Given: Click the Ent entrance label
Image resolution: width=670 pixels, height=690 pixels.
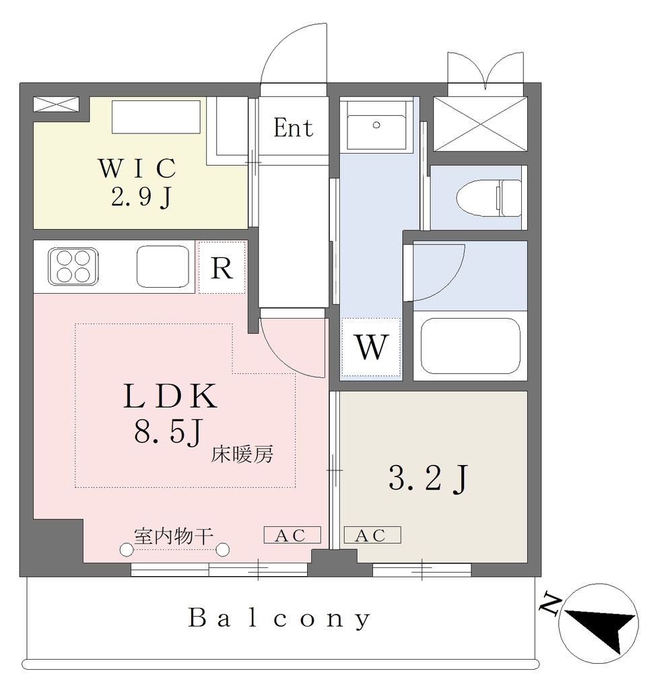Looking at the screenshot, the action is pyautogui.click(x=293, y=128).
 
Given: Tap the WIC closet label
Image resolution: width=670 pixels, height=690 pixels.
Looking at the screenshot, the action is pyautogui.click(x=137, y=168).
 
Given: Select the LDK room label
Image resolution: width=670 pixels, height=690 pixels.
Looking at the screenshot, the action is pyautogui.click(x=170, y=396).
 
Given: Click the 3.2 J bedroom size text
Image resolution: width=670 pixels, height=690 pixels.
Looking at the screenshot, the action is pyautogui.click(x=428, y=478).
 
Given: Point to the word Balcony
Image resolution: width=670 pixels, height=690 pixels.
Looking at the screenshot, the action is pyautogui.click(x=279, y=619).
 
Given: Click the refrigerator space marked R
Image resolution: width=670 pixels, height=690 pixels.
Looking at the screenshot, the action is pyautogui.click(x=222, y=267).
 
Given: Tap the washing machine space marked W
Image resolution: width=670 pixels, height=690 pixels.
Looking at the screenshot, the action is pyautogui.click(x=372, y=347).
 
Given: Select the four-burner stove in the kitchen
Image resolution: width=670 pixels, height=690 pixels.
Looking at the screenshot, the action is pyautogui.click(x=73, y=267).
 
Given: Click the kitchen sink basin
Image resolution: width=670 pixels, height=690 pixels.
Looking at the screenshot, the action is pyautogui.click(x=163, y=267).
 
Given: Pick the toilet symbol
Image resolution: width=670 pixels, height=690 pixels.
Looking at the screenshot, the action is pyautogui.click(x=489, y=198).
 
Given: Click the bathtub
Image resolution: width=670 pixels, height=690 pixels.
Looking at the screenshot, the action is pyautogui.click(x=471, y=346).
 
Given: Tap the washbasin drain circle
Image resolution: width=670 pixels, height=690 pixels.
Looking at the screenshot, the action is pyautogui.click(x=376, y=125).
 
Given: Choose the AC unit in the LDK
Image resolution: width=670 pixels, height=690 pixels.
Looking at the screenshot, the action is pyautogui.click(x=292, y=535).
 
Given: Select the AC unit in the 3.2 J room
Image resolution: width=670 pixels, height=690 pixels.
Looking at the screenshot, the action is pyautogui.click(x=372, y=535).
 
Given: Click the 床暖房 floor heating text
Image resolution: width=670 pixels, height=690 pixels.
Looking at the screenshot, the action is pyautogui.click(x=242, y=454).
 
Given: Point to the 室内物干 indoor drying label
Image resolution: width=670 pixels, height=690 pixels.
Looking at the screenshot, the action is pyautogui.click(x=174, y=536).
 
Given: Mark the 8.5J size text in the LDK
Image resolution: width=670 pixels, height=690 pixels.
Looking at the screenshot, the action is pyautogui.click(x=169, y=431).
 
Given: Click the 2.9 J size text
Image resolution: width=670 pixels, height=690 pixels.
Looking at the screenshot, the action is pyautogui.click(x=141, y=197).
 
